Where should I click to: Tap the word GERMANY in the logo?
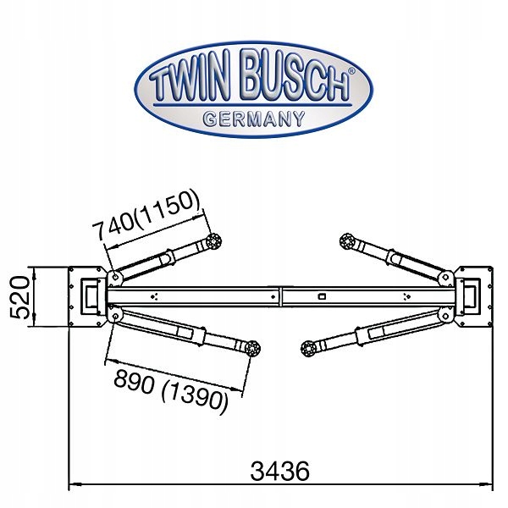[x=253, y=119]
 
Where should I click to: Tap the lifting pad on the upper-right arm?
[x=345, y=241]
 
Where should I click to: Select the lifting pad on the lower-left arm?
[x=251, y=347]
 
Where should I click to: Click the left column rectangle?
[x=90, y=295]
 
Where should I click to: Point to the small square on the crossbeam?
[x=322, y=296]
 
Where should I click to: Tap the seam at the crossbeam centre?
[x=280, y=296]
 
